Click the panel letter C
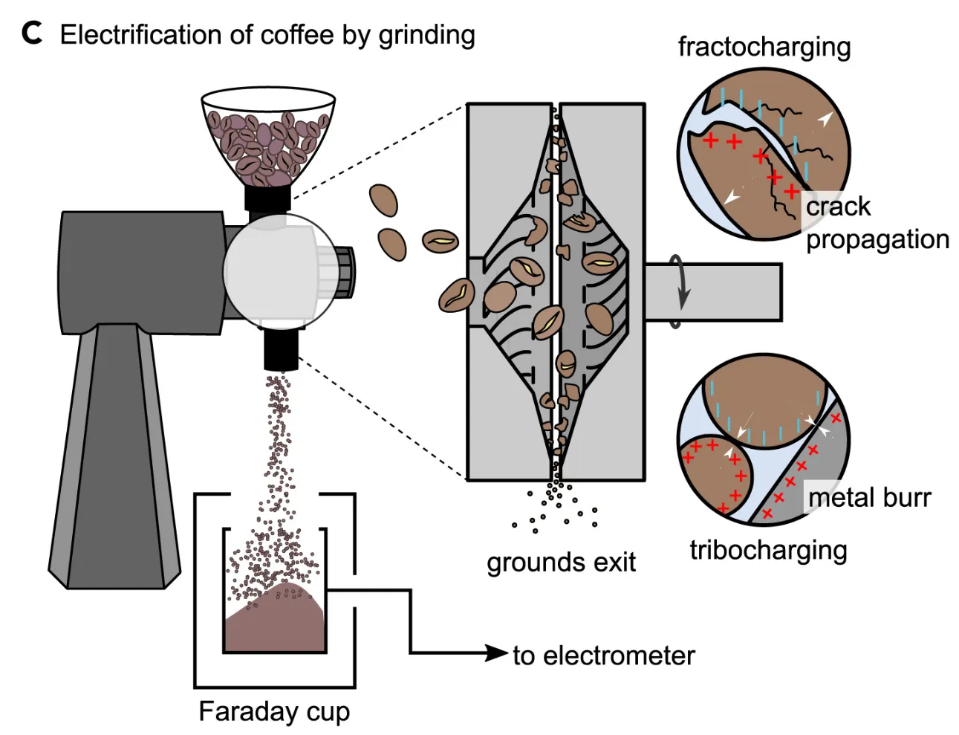tap(31, 33)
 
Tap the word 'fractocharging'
tap(764, 47)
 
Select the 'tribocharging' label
tap(768, 550)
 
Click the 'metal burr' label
tap(869, 498)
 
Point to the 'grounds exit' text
tap(561, 563)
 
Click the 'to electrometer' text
tap(603, 655)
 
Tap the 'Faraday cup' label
tap(274, 711)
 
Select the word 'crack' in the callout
tap(838, 207)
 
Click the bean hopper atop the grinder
tap(267, 137)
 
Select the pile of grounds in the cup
tap(275, 621)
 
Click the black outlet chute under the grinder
tap(281, 350)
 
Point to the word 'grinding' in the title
tap(426, 35)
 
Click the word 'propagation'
tap(877, 239)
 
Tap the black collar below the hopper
tap(267, 198)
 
